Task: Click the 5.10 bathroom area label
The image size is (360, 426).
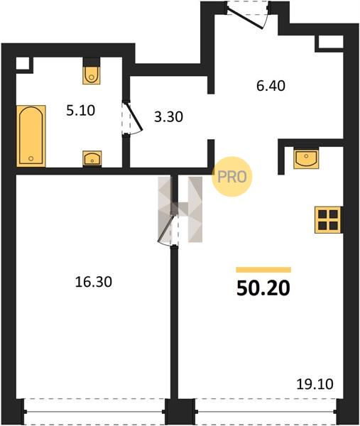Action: tap(81, 111)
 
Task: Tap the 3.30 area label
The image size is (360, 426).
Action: tap(168, 117)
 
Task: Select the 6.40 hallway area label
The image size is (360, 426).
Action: tap(271, 86)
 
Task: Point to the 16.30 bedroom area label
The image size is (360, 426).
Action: tap(94, 282)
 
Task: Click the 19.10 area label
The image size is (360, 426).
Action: tap(315, 384)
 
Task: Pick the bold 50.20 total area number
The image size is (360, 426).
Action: tap(263, 288)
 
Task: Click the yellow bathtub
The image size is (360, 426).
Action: tap(31, 136)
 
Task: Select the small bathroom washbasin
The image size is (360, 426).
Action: tap(92, 158)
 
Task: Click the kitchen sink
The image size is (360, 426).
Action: tap(306, 158)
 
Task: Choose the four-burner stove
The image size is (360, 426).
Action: tap(327, 220)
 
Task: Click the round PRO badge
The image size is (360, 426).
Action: tap(232, 177)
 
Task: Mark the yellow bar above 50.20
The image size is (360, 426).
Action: tap(263, 270)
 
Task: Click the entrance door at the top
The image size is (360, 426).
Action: tap(248, 15)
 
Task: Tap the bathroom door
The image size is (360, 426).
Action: tap(132, 119)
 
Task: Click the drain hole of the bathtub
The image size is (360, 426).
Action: tap(31, 158)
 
